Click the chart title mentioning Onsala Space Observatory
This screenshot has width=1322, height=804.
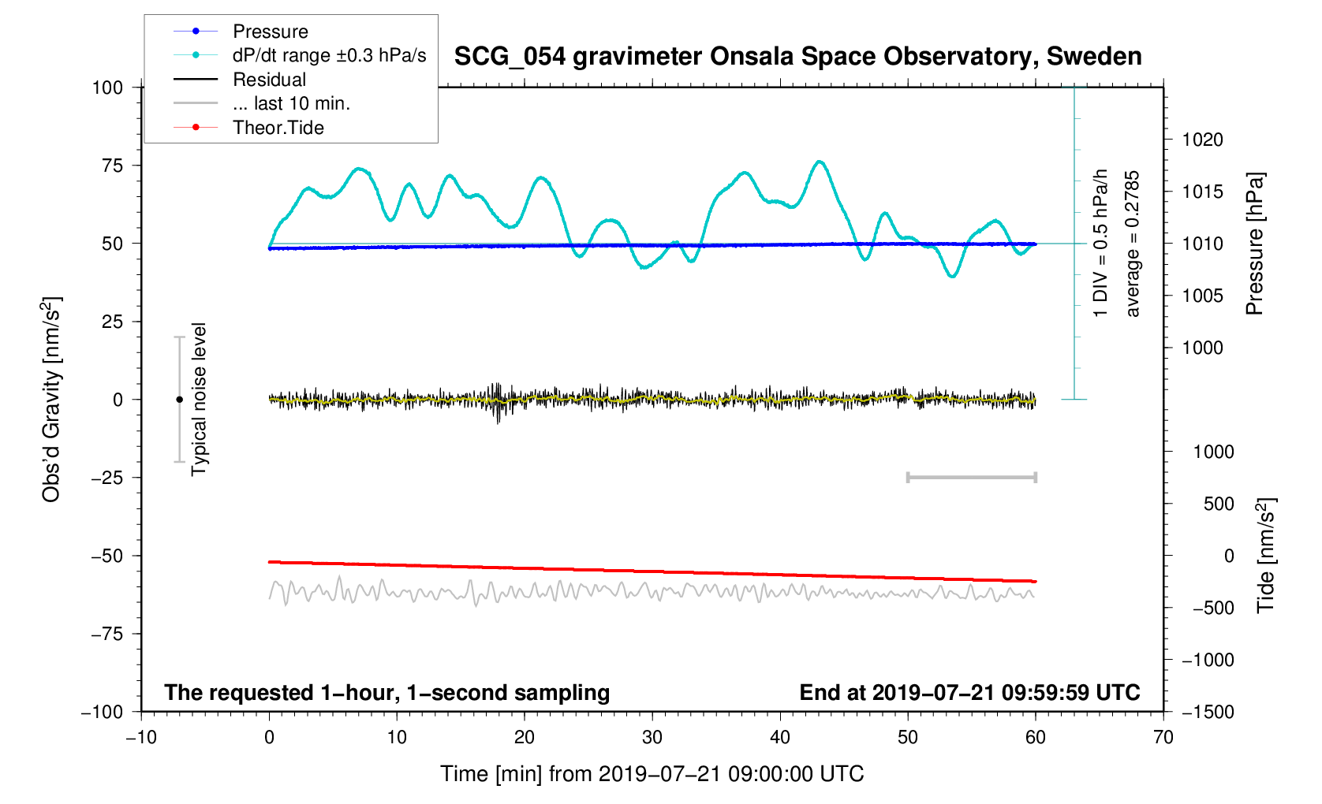[x=797, y=57]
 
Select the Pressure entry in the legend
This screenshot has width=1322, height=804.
[x=270, y=32]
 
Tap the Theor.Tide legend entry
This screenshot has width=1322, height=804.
[x=278, y=128]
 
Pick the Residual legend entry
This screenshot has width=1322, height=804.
[x=269, y=80]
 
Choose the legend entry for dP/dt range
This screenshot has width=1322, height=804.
[x=329, y=55]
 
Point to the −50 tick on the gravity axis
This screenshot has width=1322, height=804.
[x=107, y=556]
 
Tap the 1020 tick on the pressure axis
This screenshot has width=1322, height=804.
[x=1202, y=140]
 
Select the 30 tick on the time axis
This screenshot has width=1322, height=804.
[x=652, y=738]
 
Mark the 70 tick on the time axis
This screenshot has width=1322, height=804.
[x=1163, y=738]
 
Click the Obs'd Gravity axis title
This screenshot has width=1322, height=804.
[x=51, y=400]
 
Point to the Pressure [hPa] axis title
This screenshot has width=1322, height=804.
[x=1254, y=244]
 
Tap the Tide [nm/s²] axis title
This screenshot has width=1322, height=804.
[x=1266, y=556]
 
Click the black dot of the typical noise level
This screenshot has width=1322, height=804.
[x=179, y=400]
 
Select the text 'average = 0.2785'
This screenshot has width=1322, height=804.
[x=1133, y=244]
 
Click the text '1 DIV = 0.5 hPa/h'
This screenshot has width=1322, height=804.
[x=1100, y=243]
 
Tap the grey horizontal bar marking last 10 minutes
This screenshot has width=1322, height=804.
[x=971, y=478]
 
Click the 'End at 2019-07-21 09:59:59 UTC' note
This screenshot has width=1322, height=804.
[x=969, y=693]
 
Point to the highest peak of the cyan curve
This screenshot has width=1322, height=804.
[x=820, y=162]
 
